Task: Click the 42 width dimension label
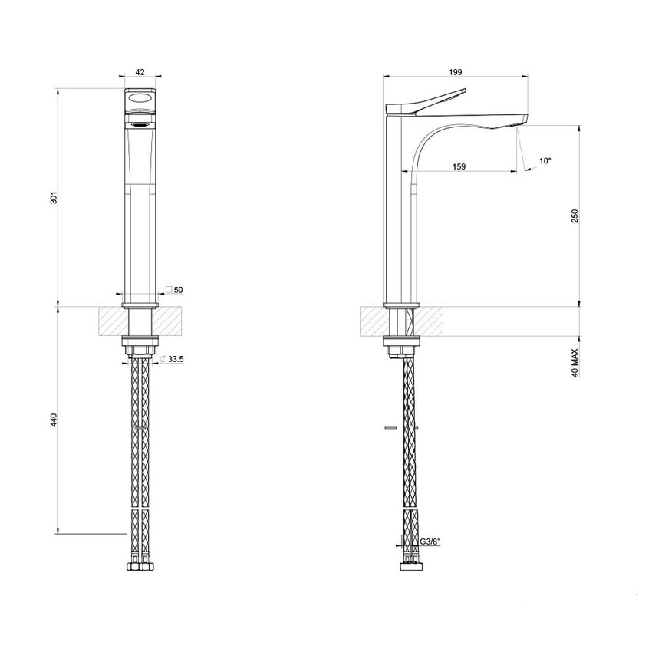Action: click(140, 71)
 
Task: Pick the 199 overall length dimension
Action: click(455, 71)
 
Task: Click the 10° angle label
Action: click(545, 161)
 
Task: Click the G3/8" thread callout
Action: click(431, 542)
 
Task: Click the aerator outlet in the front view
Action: click(140, 123)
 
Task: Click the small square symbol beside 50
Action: click(168, 290)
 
